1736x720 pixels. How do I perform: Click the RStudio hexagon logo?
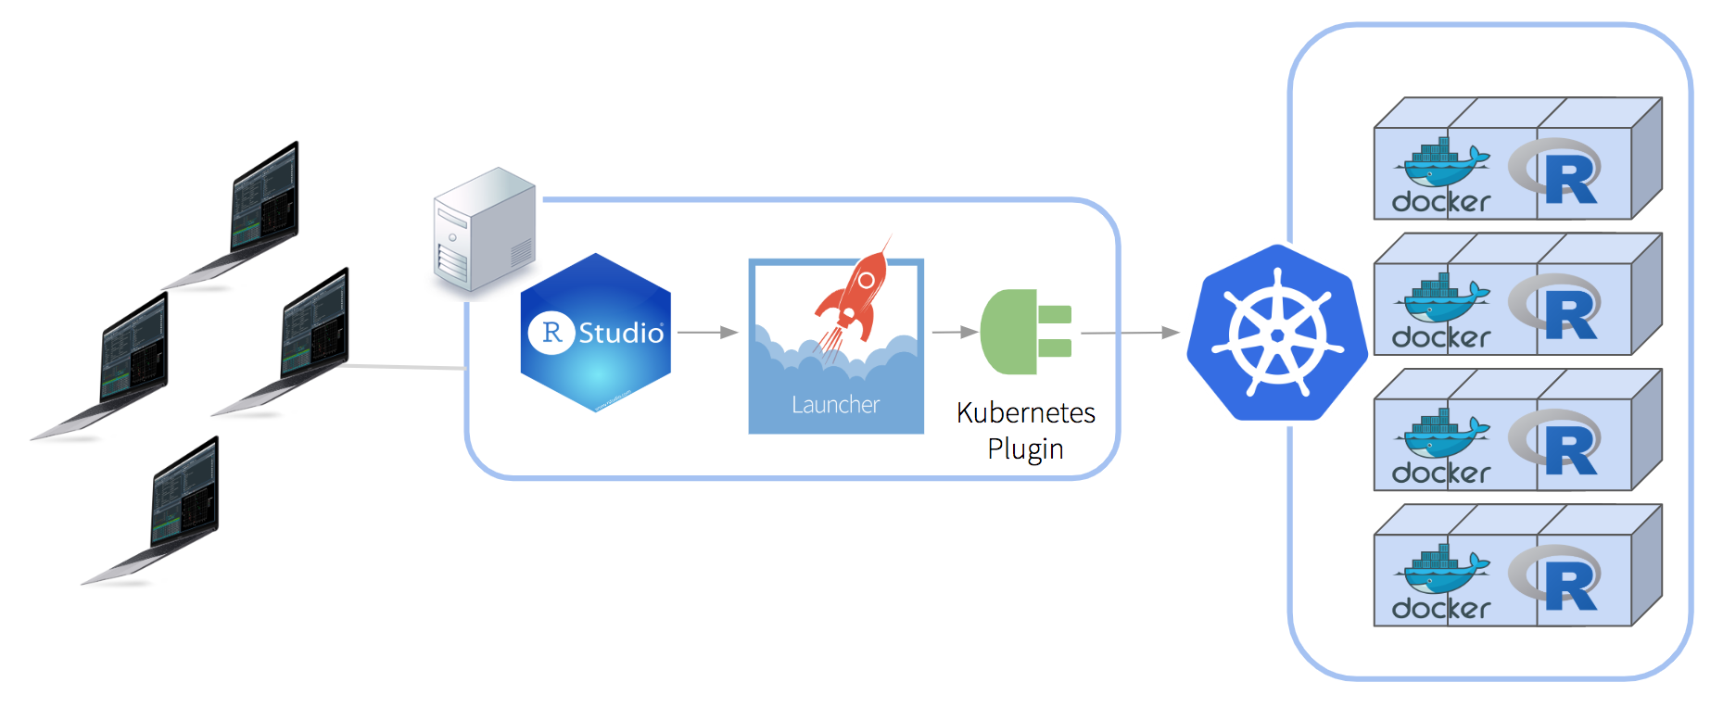click(x=596, y=333)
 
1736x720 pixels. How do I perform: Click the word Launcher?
click(x=835, y=405)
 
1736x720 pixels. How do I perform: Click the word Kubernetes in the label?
click(x=1025, y=412)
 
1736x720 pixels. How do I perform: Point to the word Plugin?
click(x=1025, y=449)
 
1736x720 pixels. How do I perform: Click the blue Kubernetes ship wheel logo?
click(x=1277, y=333)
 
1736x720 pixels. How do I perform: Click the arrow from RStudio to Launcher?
click(x=708, y=332)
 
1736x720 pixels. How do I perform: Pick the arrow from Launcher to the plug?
click(x=955, y=332)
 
